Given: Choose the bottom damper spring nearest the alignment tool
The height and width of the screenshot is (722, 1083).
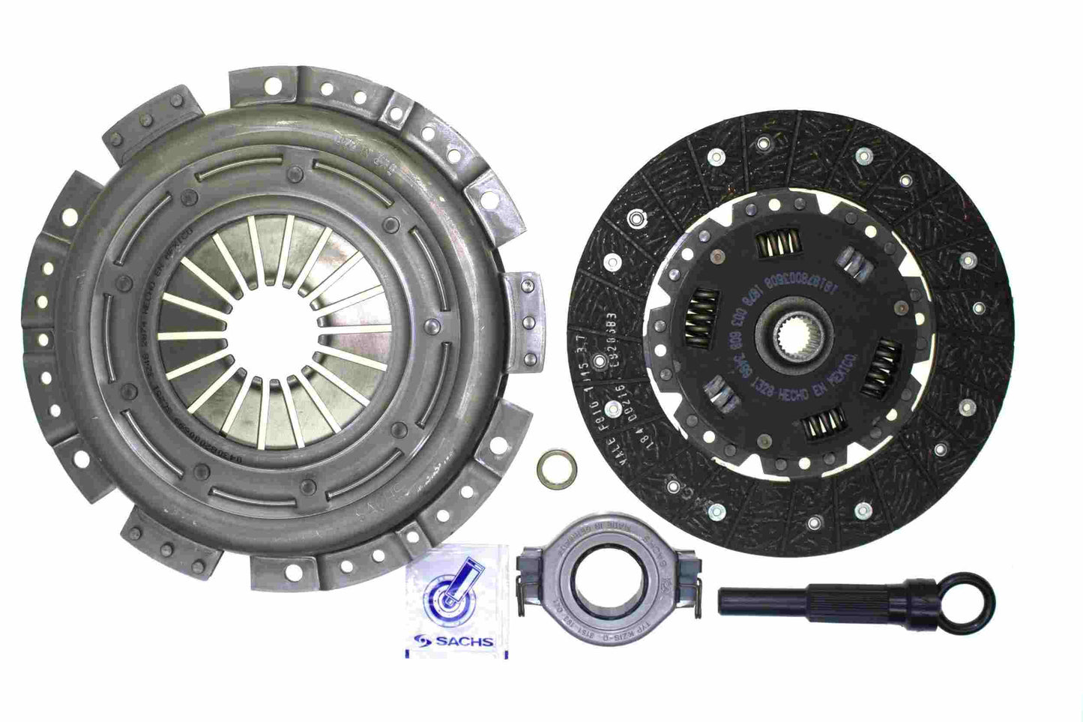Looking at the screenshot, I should click(x=822, y=430).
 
